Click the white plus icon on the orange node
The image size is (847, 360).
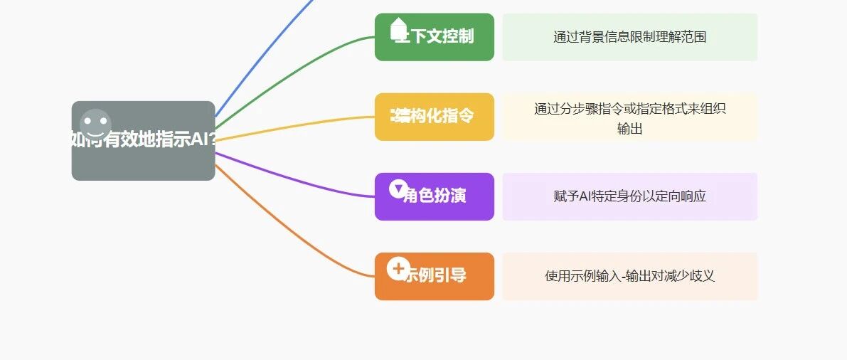398,268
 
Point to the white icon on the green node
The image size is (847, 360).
398,29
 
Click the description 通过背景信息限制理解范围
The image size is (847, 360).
629,37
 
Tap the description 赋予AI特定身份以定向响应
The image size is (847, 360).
629,196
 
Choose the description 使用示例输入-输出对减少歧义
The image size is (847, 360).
629,276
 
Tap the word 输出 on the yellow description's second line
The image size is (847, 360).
629,129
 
